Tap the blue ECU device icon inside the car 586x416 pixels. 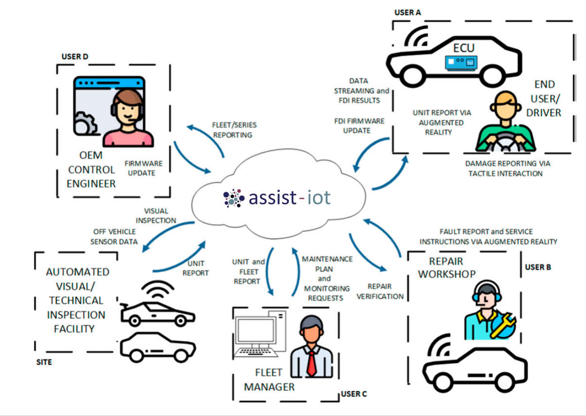coord(461,62)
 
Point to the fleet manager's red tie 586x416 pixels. coord(311,362)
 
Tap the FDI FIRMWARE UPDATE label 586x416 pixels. coord(359,126)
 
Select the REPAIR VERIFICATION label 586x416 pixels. coord(380,291)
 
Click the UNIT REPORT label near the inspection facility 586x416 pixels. coord(196,268)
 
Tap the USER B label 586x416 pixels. coord(538,267)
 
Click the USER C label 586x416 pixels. coord(354,394)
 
